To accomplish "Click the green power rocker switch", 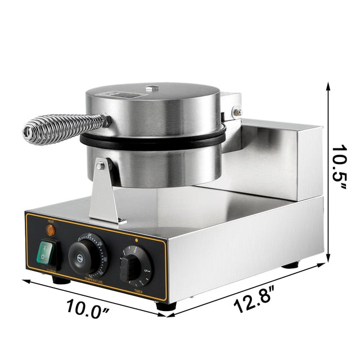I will tap(48, 254).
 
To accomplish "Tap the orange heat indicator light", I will tap(50, 230).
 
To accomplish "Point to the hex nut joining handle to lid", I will tap(106, 119).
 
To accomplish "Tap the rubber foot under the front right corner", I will tap(165, 307).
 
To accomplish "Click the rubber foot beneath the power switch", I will tap(61, 280).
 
